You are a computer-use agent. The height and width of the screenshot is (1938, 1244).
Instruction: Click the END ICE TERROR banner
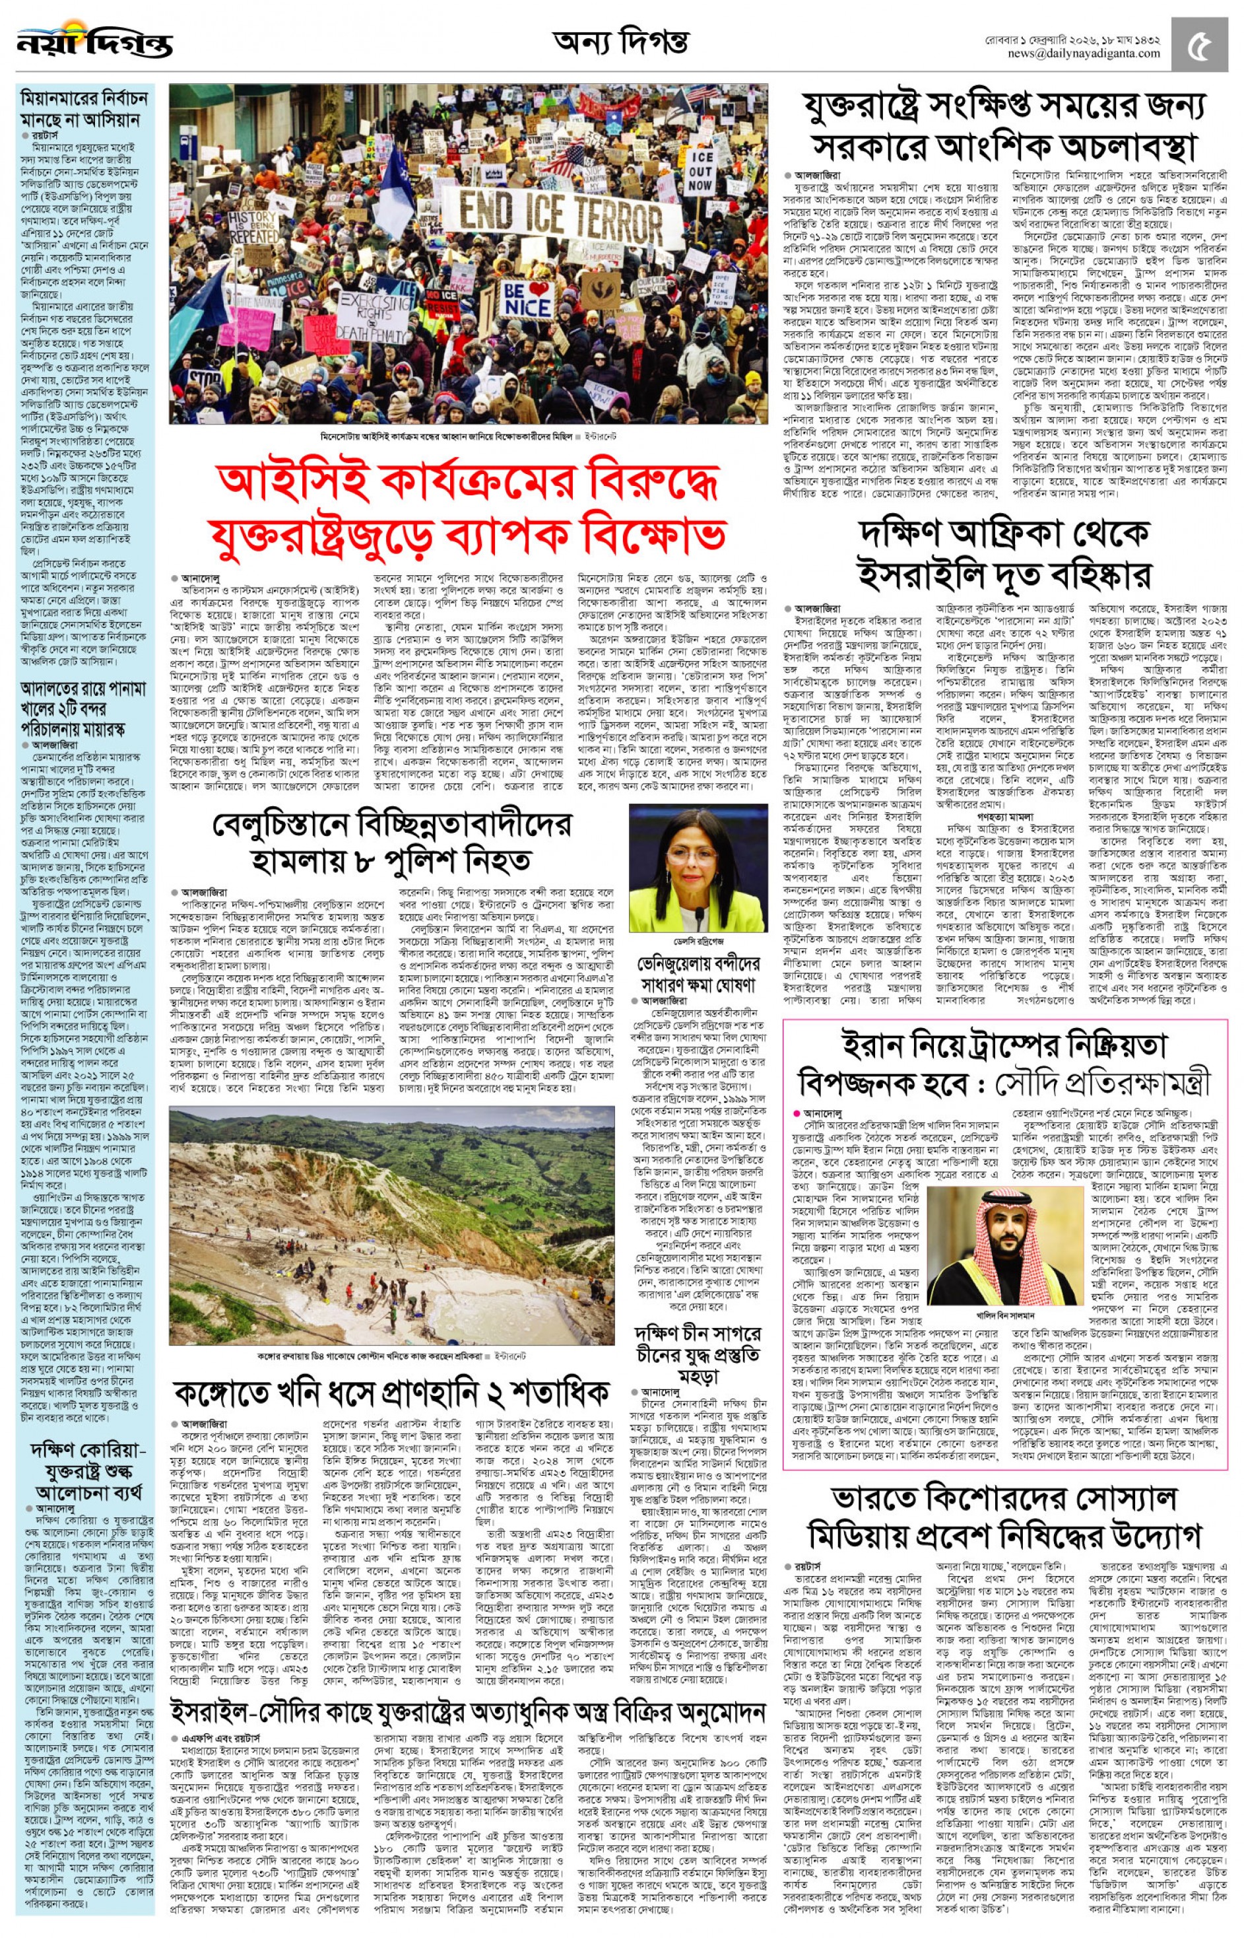coord(560,212)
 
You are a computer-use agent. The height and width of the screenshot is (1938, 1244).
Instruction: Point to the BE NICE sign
coord(527,298)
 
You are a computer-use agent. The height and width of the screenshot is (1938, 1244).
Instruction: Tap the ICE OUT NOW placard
coord(700,170)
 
